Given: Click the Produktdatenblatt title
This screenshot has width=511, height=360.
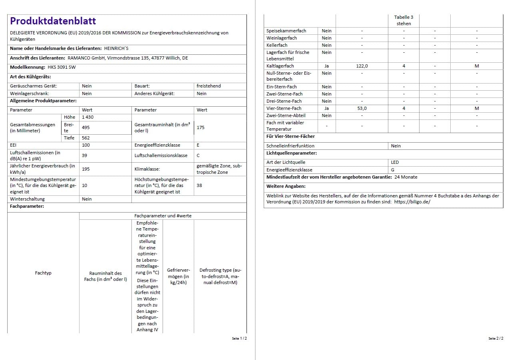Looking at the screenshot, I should pyautogui.click(x=53, y=21).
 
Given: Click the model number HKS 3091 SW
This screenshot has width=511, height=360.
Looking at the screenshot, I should pyautogui.click(x=62, y=67).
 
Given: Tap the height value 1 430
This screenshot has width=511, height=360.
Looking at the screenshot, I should pyautogui.click(x=88, y=117).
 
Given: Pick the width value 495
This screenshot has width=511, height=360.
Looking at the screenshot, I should pyautogui.click(x=86, y=127).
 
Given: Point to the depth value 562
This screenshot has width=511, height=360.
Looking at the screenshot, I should pyautogui.click(x=86, y=138).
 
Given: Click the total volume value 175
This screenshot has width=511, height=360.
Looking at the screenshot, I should pyautogui.click(x=201, y=127).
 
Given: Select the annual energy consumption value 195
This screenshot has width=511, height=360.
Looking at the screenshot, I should pyautogui.click(x=86, y=169).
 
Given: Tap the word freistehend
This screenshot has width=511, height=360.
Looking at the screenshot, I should pyautogui.click(x=209, y=86).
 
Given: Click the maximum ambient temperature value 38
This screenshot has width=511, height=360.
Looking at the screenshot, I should pyautogui.click(x=199, y=185).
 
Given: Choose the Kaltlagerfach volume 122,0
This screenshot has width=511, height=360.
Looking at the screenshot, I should pyautogui.click(x=362, y=66).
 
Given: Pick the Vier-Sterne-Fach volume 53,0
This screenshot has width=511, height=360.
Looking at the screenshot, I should pyautogui.click(x=362, y=108).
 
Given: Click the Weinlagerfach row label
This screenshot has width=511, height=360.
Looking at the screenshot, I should pyautogui.click(x=282, y=38).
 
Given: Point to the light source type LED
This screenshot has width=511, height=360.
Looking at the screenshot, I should pyautogui.click(x=395, y=162).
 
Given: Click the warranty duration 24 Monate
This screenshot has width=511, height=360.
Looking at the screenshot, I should pyautogui.click(x=406, y=177).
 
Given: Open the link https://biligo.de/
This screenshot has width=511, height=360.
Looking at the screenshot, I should pyautogui.click(x=412, y=202).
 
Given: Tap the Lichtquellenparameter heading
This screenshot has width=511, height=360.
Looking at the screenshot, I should pyautogui.click(x=292, y=153).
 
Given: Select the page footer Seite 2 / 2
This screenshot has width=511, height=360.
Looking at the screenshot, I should pyautogui.click(x=496, y=338).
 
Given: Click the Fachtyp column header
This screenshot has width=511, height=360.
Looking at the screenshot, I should pyautogui.click(x=43, y=273).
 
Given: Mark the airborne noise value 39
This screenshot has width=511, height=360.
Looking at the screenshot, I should pyautogui.click(x=85, y=155).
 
